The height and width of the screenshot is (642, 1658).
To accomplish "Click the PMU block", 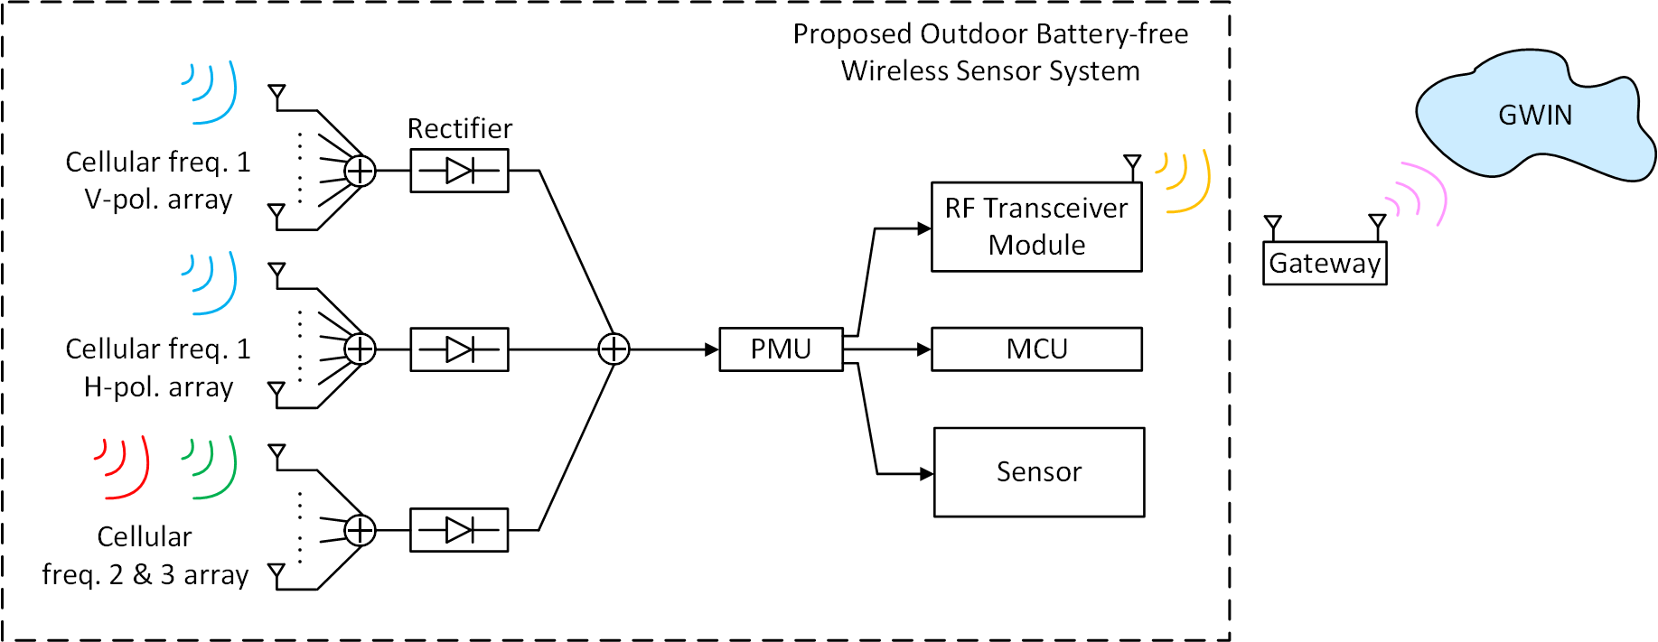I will [x=781, y=349].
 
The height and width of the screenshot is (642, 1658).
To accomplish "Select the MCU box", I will [x=1036, y=349].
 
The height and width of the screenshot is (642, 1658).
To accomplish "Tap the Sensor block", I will [x=1038, y=472].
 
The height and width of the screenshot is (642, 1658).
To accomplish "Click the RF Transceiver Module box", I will [x=1036, y=227].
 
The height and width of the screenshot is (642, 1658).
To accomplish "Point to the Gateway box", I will [x=1324, y=264].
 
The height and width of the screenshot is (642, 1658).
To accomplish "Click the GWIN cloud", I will [x=1534, y=116].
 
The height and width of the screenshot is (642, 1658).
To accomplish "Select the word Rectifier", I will [x=459, y=128].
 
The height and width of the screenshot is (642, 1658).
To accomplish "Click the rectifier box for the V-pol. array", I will [x=459, y=171].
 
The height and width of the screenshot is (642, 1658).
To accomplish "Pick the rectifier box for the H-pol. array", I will [x=459, y=349].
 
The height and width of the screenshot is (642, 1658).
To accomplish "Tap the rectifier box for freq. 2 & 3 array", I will [x=459, y=530].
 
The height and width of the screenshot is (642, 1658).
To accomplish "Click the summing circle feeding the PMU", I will [x=614, y=349].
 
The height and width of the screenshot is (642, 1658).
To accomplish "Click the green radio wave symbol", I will [x=213, y=467].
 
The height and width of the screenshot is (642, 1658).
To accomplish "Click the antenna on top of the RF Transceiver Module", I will [x=1131, y=165].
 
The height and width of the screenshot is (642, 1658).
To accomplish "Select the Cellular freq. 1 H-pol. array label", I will [x=158, y=368].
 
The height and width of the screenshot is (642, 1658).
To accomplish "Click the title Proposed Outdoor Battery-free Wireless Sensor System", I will [x=990, y=52].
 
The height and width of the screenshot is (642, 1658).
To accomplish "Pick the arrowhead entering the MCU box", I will [x=924, y=349].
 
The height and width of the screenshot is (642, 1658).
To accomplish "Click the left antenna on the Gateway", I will [x=1273, y=224].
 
